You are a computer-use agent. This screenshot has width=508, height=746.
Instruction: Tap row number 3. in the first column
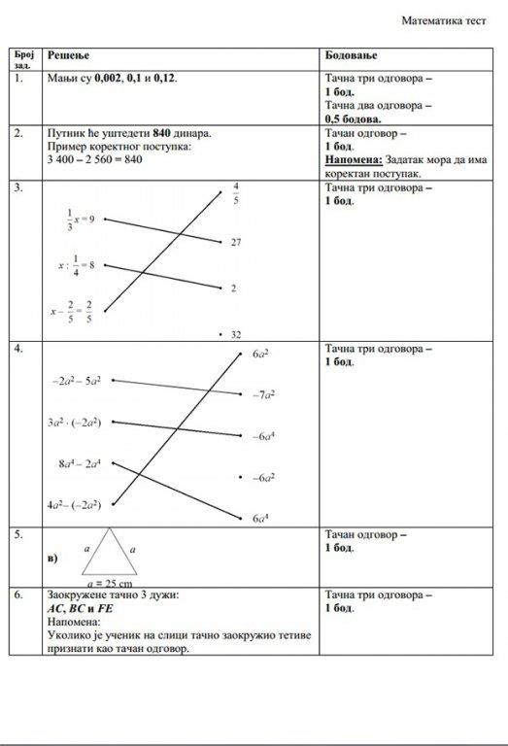(19, 187)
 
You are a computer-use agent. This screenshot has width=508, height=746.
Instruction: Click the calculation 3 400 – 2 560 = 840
(94, 159)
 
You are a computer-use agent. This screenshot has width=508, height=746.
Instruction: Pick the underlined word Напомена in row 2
(354, 159)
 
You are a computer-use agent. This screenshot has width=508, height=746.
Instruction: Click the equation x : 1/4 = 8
(76, 265)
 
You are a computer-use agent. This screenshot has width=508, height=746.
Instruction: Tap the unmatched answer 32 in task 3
(235, 333)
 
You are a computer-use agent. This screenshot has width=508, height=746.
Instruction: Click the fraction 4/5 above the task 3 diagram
(235, 193)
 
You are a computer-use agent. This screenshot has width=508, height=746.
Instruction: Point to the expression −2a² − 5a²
(77, 382)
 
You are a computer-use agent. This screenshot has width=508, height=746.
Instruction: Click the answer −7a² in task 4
(263, 395)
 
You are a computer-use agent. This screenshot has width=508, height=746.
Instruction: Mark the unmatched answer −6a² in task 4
(263, 478)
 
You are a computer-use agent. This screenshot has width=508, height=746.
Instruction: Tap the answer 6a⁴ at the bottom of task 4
(260, 520)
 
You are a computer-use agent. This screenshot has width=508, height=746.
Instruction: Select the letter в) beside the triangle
(52, 559)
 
